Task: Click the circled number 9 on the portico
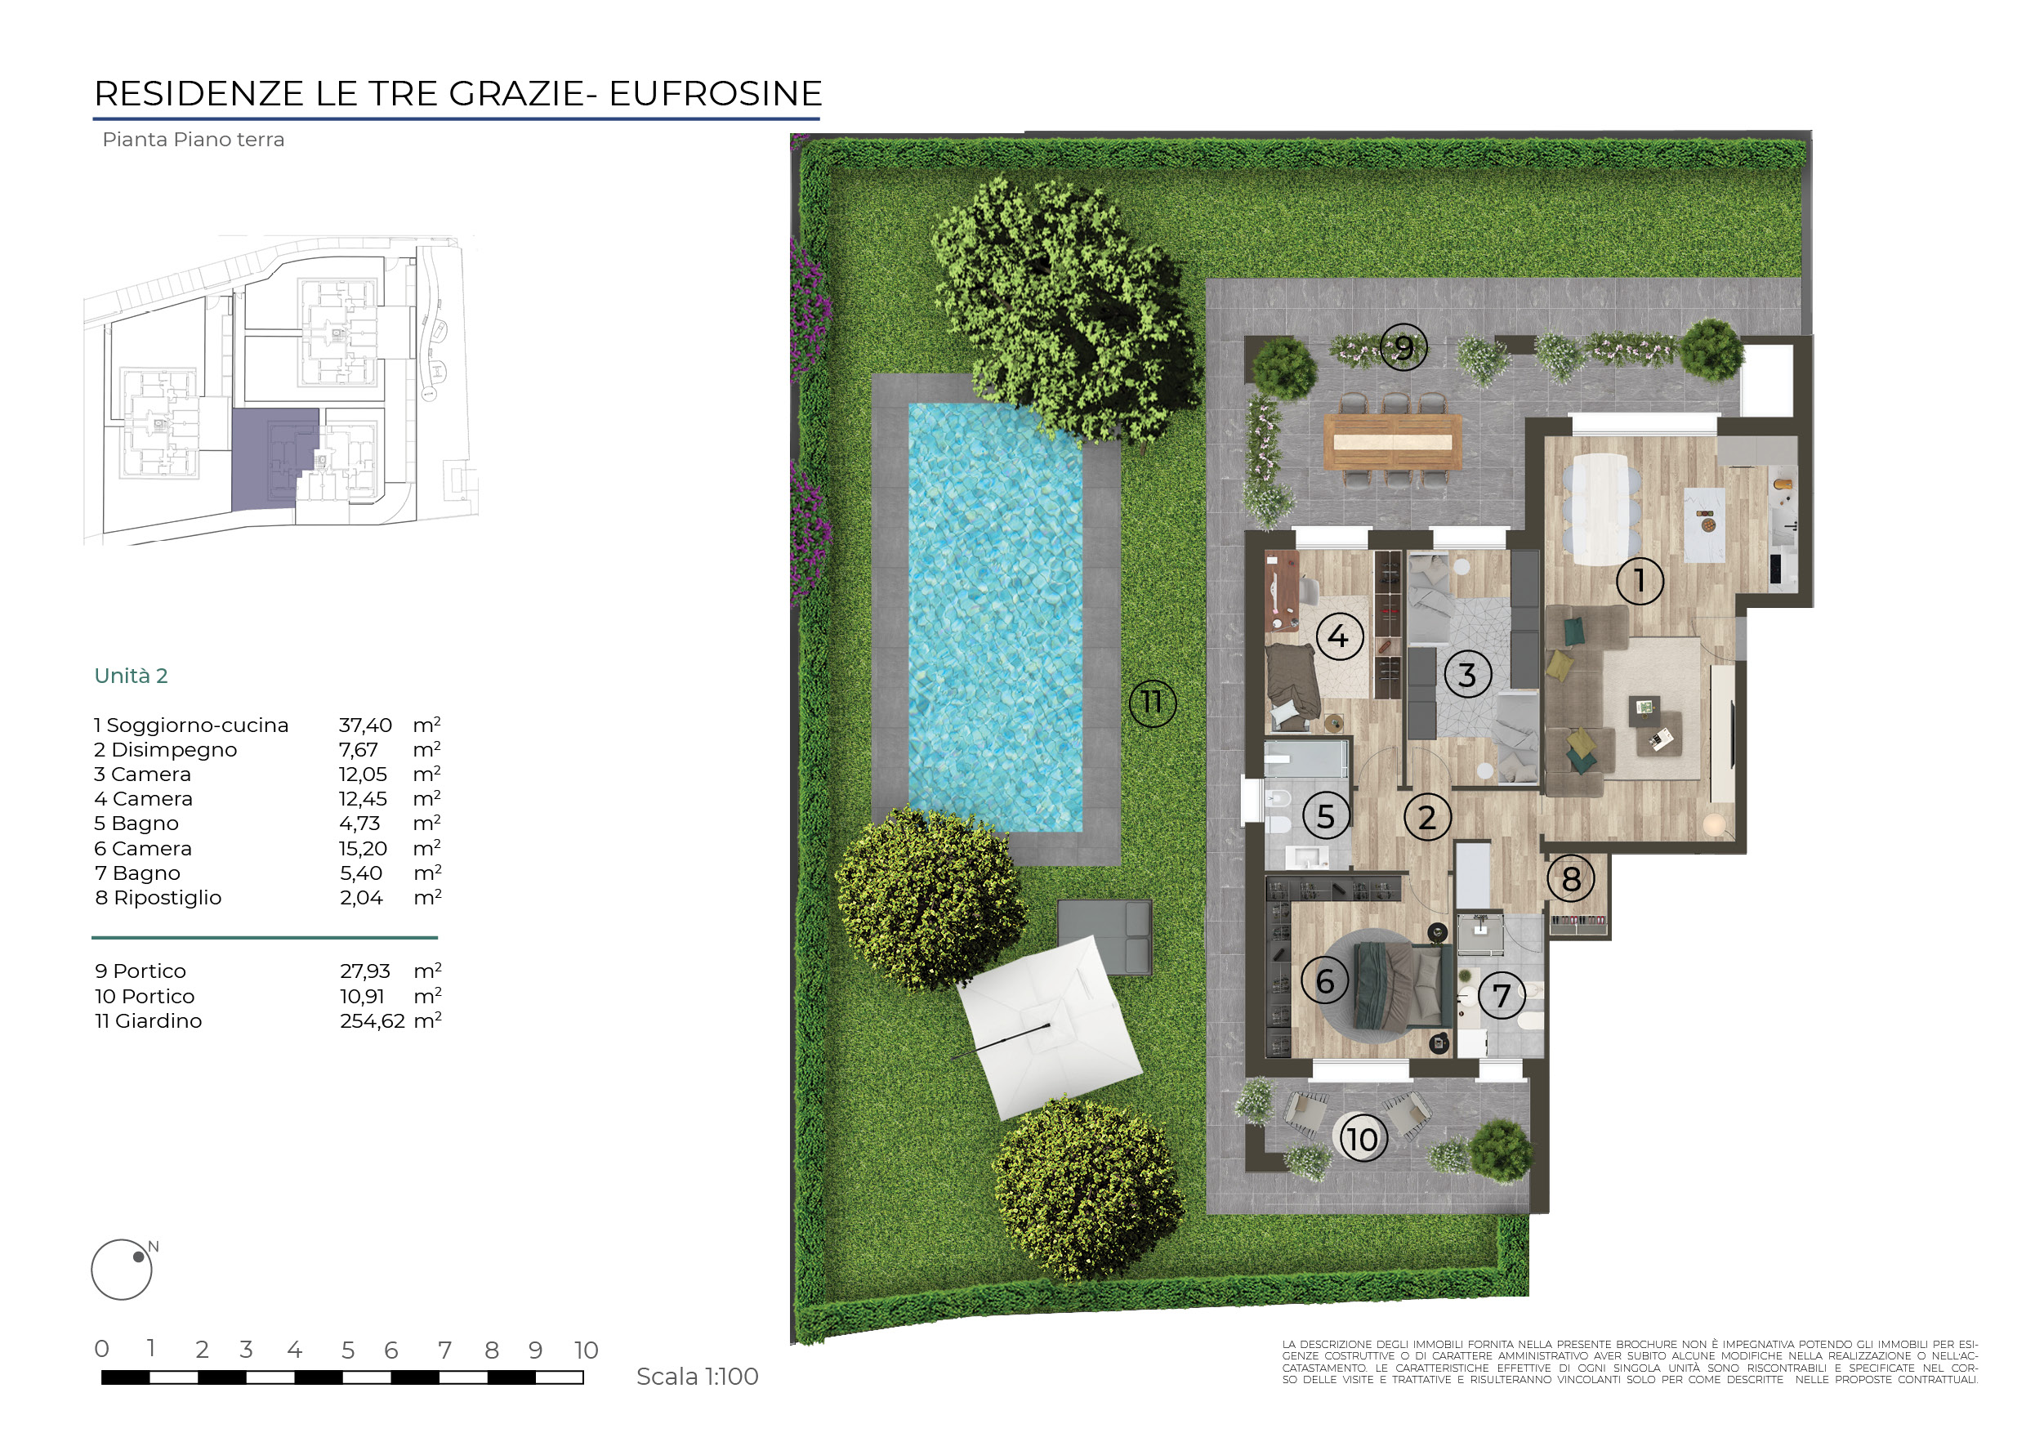[x=1403, y=348]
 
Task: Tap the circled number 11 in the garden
[x=1153, y=703]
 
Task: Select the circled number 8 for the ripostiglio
[x=1571, y=879]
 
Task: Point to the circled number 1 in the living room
[x=1640, y=581]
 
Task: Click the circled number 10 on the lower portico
[x=1363, y=1138]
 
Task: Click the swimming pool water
[x=995, y=618]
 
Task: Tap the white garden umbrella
[x=1050, y=1027]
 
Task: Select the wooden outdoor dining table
[x=1392, y=441]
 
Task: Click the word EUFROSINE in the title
[x=716, y=93]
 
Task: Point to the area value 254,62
[x=373, y=1021]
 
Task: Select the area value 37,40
[x=365, y=725]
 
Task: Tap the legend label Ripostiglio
[x=167, y=898]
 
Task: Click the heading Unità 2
[x=131, y=676]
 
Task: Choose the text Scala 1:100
[x=697, y=1377]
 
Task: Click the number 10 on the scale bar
[x=586, y=1350]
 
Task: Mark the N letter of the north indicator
[x=154, y=1247]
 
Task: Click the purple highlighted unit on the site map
[x=265, y=459]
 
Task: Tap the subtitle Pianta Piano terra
[x=194, y=140]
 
